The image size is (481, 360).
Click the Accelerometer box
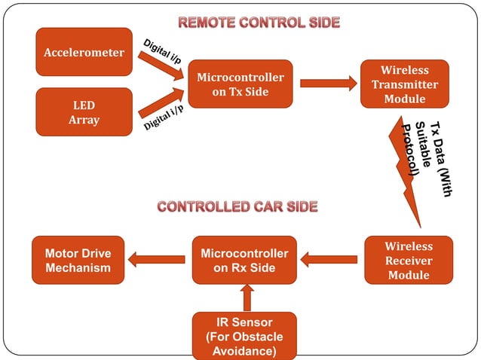tap(84, 52)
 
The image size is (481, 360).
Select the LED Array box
tap(84, 112)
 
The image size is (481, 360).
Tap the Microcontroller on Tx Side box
tap(240, 84)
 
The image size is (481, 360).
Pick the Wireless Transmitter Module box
tap(404, 84)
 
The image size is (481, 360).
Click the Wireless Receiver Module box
tap(409, 261)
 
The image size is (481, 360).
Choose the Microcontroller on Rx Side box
tap(244, 261)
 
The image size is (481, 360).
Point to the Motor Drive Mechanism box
tap(78, 261)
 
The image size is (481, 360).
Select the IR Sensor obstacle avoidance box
tap(244, 336)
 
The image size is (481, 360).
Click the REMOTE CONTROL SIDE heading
tap(258, 23)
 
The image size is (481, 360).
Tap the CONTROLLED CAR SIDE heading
tap(237, 206)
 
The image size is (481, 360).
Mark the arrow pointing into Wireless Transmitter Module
tap(339, 84)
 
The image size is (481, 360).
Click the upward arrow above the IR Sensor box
tap(244, 297)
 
